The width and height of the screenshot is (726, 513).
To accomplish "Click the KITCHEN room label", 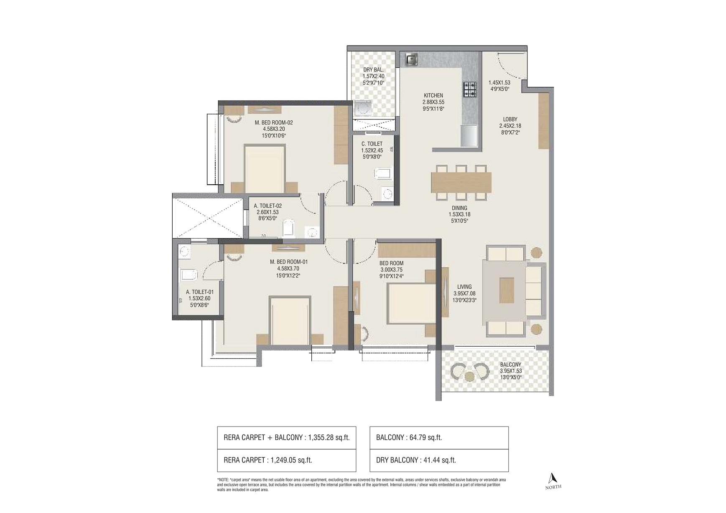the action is pyautogui.click(x=433, y=96).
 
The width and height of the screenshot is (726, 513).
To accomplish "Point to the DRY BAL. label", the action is pyautogui.click(x=373, y=70).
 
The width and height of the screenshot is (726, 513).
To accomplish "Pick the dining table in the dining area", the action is pyautogui.click(x=461, y=183).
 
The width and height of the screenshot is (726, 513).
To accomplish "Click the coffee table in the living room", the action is pyautogui.click(x=507, y=290).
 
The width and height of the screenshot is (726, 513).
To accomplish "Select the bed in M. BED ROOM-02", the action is pyautogui.click(x=264, y=169).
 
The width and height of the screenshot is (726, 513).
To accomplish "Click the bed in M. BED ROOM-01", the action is pyautogui.click(x=290, y=320).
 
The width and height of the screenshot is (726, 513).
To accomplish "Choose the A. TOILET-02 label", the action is pyautogui.click(x=267, y=206).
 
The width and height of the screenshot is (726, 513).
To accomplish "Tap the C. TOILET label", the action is pyautogui.click(x=372, y=144).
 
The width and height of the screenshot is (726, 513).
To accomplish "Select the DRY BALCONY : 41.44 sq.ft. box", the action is pyautogui.click(x=439, y=460).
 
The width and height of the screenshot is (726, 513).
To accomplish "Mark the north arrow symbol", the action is pyautogui.click(x=553, y=478).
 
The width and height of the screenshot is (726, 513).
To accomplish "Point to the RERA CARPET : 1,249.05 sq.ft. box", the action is pyautogui.click(x=286, y=460).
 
